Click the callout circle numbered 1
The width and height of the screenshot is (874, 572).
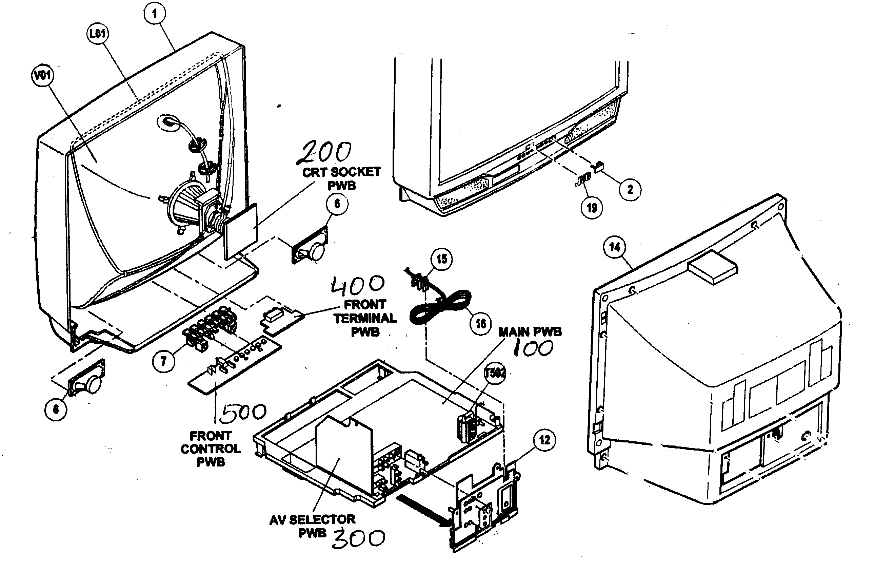click(x=154, y=14)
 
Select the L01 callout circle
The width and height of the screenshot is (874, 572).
click(x=98, y=34)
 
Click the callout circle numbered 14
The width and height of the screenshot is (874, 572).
click(x=615, y=247)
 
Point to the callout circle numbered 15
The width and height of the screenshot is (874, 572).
click(x=441, y=259)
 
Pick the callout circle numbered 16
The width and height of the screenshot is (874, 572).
click(x=481, y=324)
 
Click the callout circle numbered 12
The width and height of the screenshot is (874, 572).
click(x=544, y=440)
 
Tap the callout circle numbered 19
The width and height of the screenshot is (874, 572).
click(x=592, y=208)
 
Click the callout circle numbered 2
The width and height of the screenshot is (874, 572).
click(x=630, y=190)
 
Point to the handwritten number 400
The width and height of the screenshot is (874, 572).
click(x=358, y=285)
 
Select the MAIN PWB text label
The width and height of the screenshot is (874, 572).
click(x=530, y=332)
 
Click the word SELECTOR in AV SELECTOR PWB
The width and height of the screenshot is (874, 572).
click(x=322, y=519)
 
